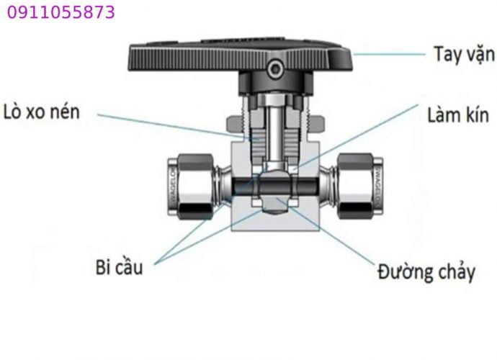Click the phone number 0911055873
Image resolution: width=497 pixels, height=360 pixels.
(61, 13)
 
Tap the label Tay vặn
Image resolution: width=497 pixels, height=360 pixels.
(464, 54)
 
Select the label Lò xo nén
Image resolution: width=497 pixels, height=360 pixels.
(42, 112)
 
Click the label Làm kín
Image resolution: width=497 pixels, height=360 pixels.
(458, 114)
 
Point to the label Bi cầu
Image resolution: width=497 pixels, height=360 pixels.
(119, 267)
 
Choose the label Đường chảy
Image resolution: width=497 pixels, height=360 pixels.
(426, 272)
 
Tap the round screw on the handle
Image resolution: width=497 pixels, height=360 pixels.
(274, 68)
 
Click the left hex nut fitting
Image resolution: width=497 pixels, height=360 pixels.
(194, 186)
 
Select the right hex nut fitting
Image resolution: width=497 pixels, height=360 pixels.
(356, 186)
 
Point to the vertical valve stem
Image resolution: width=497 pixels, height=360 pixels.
(274, 133)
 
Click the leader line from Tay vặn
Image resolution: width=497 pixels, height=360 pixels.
(389, 54)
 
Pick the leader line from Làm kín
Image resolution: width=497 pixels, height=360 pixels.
(356, 136)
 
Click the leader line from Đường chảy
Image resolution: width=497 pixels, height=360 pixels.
(325, 231)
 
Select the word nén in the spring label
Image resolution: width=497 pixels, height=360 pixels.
(66, 112)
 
